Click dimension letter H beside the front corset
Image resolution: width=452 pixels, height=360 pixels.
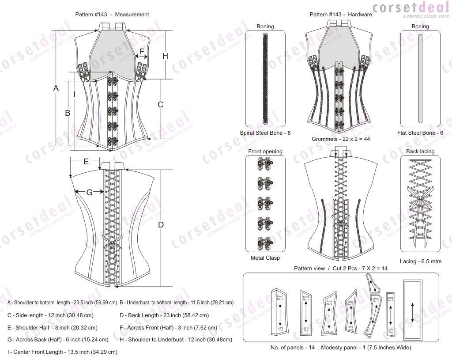click(165, 56)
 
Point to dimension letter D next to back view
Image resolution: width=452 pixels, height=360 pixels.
click(161, 225)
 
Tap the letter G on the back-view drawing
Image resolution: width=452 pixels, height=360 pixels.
click(89, 192)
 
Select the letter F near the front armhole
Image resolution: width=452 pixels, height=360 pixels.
click(142, 51)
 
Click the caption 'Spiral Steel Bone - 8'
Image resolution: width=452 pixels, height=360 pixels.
click(265, 133)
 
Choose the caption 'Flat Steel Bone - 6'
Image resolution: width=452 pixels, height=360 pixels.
click(420, 133)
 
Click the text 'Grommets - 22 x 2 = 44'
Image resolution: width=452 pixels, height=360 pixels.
click(340, 139)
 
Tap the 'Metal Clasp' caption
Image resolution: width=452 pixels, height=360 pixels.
click(265, 258)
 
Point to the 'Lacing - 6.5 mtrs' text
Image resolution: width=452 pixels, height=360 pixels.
click(420, 261)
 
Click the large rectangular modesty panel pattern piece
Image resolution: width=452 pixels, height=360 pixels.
click(411, 306)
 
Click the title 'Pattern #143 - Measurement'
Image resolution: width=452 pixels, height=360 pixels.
click(112, 15)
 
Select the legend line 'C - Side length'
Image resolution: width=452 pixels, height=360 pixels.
click(50, 315)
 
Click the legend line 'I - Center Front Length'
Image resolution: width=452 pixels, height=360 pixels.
click(62, 352)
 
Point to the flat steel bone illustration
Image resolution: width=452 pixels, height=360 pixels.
click(420, 79)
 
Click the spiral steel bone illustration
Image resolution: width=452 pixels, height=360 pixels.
click(265, 79)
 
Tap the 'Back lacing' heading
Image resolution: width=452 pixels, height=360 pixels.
click(420, 152)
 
